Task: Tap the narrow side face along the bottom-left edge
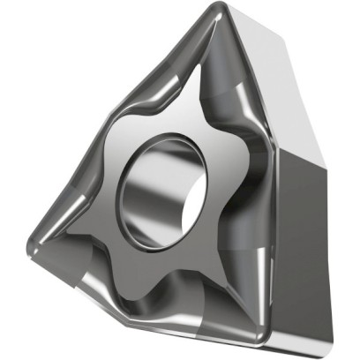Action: (132, 309)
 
